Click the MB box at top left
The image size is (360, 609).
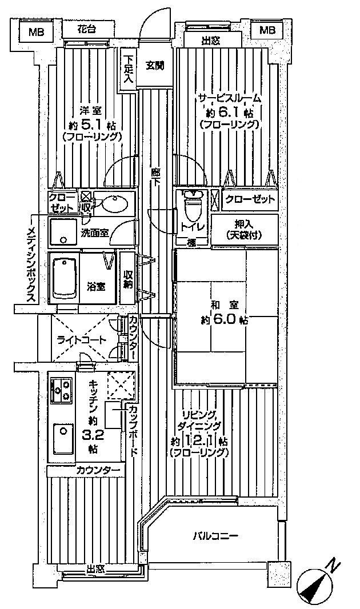[35, 31]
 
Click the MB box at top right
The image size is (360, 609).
[267, 30]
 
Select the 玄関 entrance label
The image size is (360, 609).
[154, 66]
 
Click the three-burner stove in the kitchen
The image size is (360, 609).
[61, 391]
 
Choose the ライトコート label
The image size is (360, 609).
[81, 340]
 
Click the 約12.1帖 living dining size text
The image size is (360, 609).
[200, 442]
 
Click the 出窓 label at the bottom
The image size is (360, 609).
[95, 568]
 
